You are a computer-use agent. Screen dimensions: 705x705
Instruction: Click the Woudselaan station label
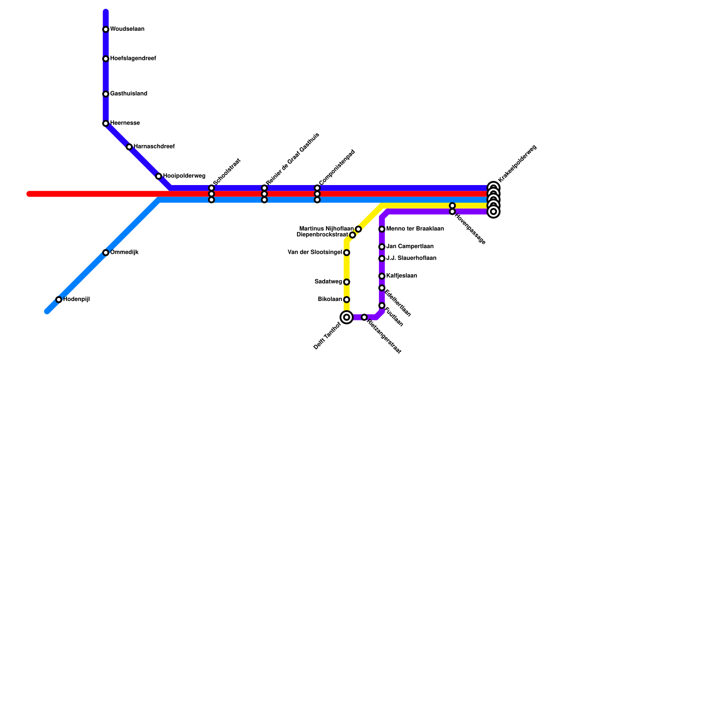point(127,30)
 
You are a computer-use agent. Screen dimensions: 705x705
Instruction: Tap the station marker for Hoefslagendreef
point(106,59)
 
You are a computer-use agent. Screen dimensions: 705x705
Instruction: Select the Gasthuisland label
point(128,94)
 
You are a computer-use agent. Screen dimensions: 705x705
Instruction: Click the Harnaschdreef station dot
point(129,147)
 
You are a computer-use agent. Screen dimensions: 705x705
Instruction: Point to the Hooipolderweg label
point(184,176)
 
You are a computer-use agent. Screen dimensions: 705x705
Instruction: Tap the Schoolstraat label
point(227,172)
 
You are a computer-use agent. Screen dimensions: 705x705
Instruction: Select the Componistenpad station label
point(337,167)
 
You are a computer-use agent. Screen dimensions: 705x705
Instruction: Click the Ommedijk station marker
point(106,253)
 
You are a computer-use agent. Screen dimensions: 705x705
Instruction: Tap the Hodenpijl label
point(76,300)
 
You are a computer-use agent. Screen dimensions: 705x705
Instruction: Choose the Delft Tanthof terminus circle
point(347,317)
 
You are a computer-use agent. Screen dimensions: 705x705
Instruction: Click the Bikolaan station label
point(330,300)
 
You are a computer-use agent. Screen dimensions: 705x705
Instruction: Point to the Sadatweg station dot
point(347,282)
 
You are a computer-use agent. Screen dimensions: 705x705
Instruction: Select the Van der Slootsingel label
point(315,252)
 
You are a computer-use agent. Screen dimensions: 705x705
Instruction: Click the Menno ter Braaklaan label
point(415,229)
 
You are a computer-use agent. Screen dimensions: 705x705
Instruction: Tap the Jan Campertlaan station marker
point(382,247)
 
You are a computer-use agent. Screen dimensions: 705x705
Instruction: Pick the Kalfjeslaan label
point(401,276)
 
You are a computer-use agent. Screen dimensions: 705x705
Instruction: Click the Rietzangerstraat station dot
point(364,317)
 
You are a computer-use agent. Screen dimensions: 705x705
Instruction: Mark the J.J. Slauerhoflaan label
point(411,258)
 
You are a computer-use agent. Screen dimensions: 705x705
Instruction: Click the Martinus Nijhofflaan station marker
point(358,229)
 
